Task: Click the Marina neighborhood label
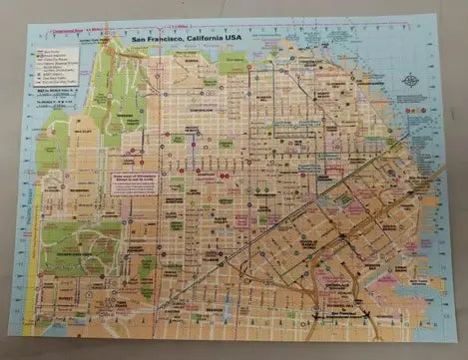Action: coord(188,62)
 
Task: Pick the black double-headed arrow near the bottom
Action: coord(343,316)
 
